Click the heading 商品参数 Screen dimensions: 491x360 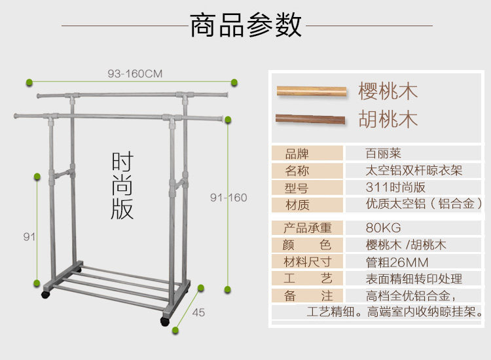pos(245,25)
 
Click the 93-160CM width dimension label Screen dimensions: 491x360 pos(135,74)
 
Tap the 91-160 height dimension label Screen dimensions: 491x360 pos(228,198)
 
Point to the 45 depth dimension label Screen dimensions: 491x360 pos(198,312)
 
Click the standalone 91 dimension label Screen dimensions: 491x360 pos(29,237)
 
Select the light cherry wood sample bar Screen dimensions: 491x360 pos(312,92)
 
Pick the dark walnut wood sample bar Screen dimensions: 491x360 pos(310,119)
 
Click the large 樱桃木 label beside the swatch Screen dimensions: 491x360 pos(388,92)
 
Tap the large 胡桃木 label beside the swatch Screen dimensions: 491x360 pos(388,119)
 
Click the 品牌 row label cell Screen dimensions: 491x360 pos(307,154)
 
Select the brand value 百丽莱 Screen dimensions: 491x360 pos(383,153)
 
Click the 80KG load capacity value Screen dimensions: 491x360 pos(383,228)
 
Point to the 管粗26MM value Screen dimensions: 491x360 pos(397,262)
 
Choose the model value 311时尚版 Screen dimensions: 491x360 pos(395,187)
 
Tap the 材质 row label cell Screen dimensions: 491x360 pos(307,205)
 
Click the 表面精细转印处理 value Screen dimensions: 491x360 pos(414,279)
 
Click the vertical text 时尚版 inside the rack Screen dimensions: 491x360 pos(122,185)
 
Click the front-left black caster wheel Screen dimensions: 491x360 pos(46,295)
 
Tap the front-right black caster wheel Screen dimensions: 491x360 pos(165,321)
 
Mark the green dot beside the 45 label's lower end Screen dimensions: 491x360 pos(175,330)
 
